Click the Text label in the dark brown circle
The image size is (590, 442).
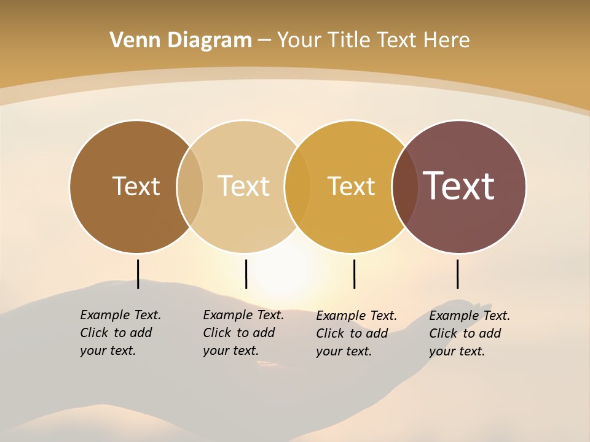pyautogui.click(x=136, y=186)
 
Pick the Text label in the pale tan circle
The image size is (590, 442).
pyautogui.click(x=243, y=186)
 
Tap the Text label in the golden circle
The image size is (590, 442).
pyautogui.click(x=351, y=186)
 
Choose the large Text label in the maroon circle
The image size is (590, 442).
pyautogui.click(x=459, y=186)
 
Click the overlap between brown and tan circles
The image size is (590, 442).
pyautogui.click(x=190, y=187)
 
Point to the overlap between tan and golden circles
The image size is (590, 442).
pyautogui.click(x=297, y=187)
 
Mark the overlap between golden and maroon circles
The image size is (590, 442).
pyautogui.click(x=404, y=187)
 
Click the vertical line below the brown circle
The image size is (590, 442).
pyautogui.click(x=138, y=274)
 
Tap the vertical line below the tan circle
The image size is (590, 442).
pyautogui.click(x=246, y=274)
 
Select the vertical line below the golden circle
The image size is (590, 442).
pyautogui.click(x=354, y=274)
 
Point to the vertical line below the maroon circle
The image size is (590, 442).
pyautogui.click(x=457, y=274)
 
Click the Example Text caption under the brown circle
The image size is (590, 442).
pyautogui.click(x=120, y=333)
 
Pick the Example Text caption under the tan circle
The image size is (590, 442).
pyautogui.click(x=243, y=333)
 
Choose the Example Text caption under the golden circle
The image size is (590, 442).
pyautogui.click(x=356, y=333)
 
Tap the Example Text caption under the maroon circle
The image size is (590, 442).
pyautogui.click(x=470, y=333)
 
